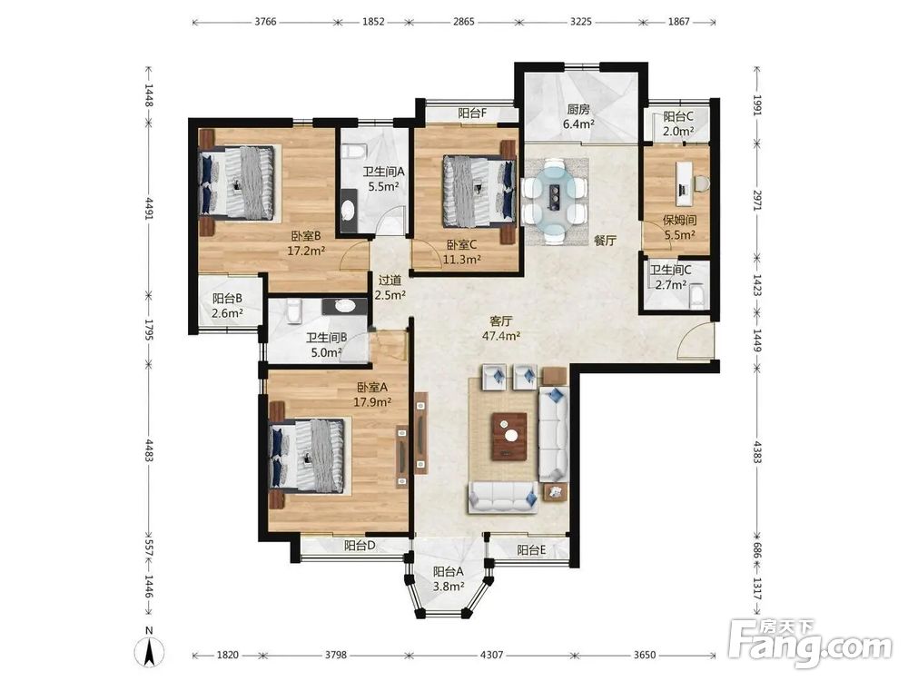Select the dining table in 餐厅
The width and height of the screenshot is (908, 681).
(555, 200)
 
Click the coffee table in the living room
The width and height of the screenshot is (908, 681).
(509, 436)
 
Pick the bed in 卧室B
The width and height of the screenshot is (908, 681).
(237, 183)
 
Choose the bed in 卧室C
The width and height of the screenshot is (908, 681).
(479, 191)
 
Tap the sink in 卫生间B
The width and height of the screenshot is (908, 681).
(344, 305)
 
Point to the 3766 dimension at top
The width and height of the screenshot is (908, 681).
(265, 22)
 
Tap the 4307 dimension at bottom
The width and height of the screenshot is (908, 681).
(491, 655)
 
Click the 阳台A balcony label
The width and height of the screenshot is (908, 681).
(449, 571)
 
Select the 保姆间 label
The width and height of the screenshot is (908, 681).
(679, 220)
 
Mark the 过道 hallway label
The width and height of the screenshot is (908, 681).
(390, 281)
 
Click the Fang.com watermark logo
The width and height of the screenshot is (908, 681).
(810, 644)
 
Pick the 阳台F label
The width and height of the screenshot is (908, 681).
(472, 113)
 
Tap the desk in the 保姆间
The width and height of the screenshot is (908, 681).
(685, 179)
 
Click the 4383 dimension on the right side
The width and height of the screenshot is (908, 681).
(757, 450)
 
